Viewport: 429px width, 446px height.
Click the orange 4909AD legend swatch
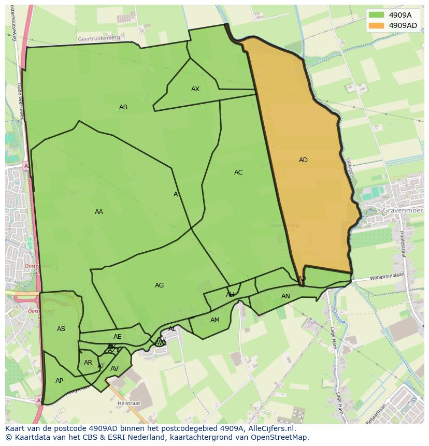click(x=376, y=25)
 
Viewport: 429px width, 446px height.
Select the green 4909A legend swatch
click(x=376, y=15)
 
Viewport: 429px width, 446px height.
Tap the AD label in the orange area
click(x=303, y=160)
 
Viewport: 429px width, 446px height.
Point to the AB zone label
click(x=123, y=107)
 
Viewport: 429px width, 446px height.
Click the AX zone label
click(x=195, y=89)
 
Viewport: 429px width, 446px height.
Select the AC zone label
click(x=238, y=172)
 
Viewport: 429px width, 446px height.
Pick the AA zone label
click(x=99, y=212)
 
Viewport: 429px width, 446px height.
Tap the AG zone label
click(x=159, y=285)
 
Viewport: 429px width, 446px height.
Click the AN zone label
click(x=285, y=296)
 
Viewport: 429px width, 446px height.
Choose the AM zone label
click(x=215, y=320)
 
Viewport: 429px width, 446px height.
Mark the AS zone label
click(x=61, y=329)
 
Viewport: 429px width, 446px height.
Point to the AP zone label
click(x=59, y=381)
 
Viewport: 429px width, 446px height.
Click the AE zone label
click(x=118, y=337)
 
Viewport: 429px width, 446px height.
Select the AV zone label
click(x=115, y=369)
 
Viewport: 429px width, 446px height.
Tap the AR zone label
click(x=88, y=363)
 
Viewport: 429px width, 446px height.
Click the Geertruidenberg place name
click(x=98, y=38)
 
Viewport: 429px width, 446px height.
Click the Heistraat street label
click(x=129, y=402)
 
